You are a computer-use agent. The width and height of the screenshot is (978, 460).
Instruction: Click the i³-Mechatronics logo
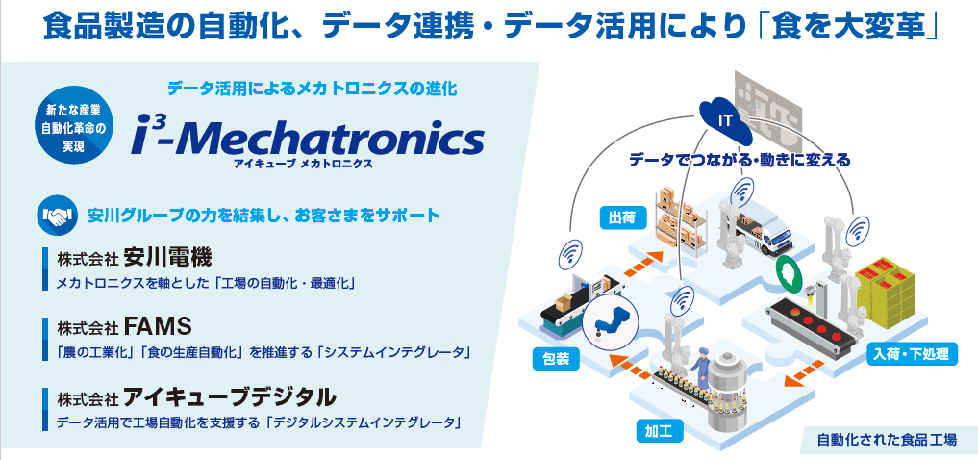click(x=308, y=139)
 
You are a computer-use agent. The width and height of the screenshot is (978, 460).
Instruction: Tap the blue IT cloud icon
click(x=725, y=118)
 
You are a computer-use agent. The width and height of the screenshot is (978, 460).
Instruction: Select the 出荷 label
click(x=618, y=218)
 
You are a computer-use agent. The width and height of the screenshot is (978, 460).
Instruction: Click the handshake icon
click(x=57, y=217)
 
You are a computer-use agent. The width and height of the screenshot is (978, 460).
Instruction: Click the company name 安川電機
click(x=167, y=257)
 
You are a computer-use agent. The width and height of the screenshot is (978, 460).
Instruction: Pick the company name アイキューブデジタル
click(x=230, y=396)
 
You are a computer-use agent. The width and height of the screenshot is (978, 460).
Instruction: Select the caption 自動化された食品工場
click(x=887, y=440)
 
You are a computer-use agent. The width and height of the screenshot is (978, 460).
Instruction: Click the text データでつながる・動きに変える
click(x=740, y=161)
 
